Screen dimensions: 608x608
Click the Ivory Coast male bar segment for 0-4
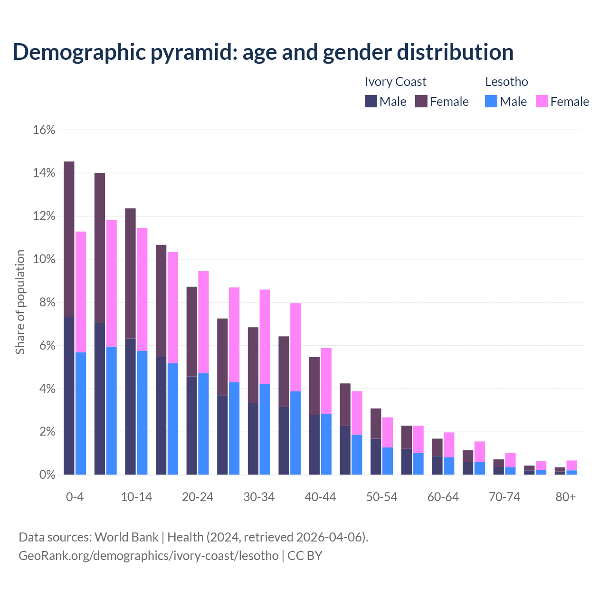tap(69, 396)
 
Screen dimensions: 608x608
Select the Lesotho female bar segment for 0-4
tap(81, 292)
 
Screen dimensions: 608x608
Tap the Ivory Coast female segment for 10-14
tap(130, 273)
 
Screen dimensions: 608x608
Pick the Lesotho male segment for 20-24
tap(203, 424)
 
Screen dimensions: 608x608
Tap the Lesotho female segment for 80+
tap(571, 465)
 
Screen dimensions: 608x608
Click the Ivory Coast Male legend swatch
tap(371, 101)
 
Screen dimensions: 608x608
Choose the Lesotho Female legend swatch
tap(542, 101)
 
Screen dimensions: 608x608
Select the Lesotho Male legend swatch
tap(491, 101)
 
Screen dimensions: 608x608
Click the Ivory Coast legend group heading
tap(395, 82)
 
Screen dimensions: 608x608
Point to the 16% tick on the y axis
tap(44, 130)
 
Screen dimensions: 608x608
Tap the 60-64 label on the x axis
tap(443, 497)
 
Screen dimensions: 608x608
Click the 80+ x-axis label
tap(566, 497)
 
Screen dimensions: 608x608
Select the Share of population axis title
tap(20, 302)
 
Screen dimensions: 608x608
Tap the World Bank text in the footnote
tap(126, 537)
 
